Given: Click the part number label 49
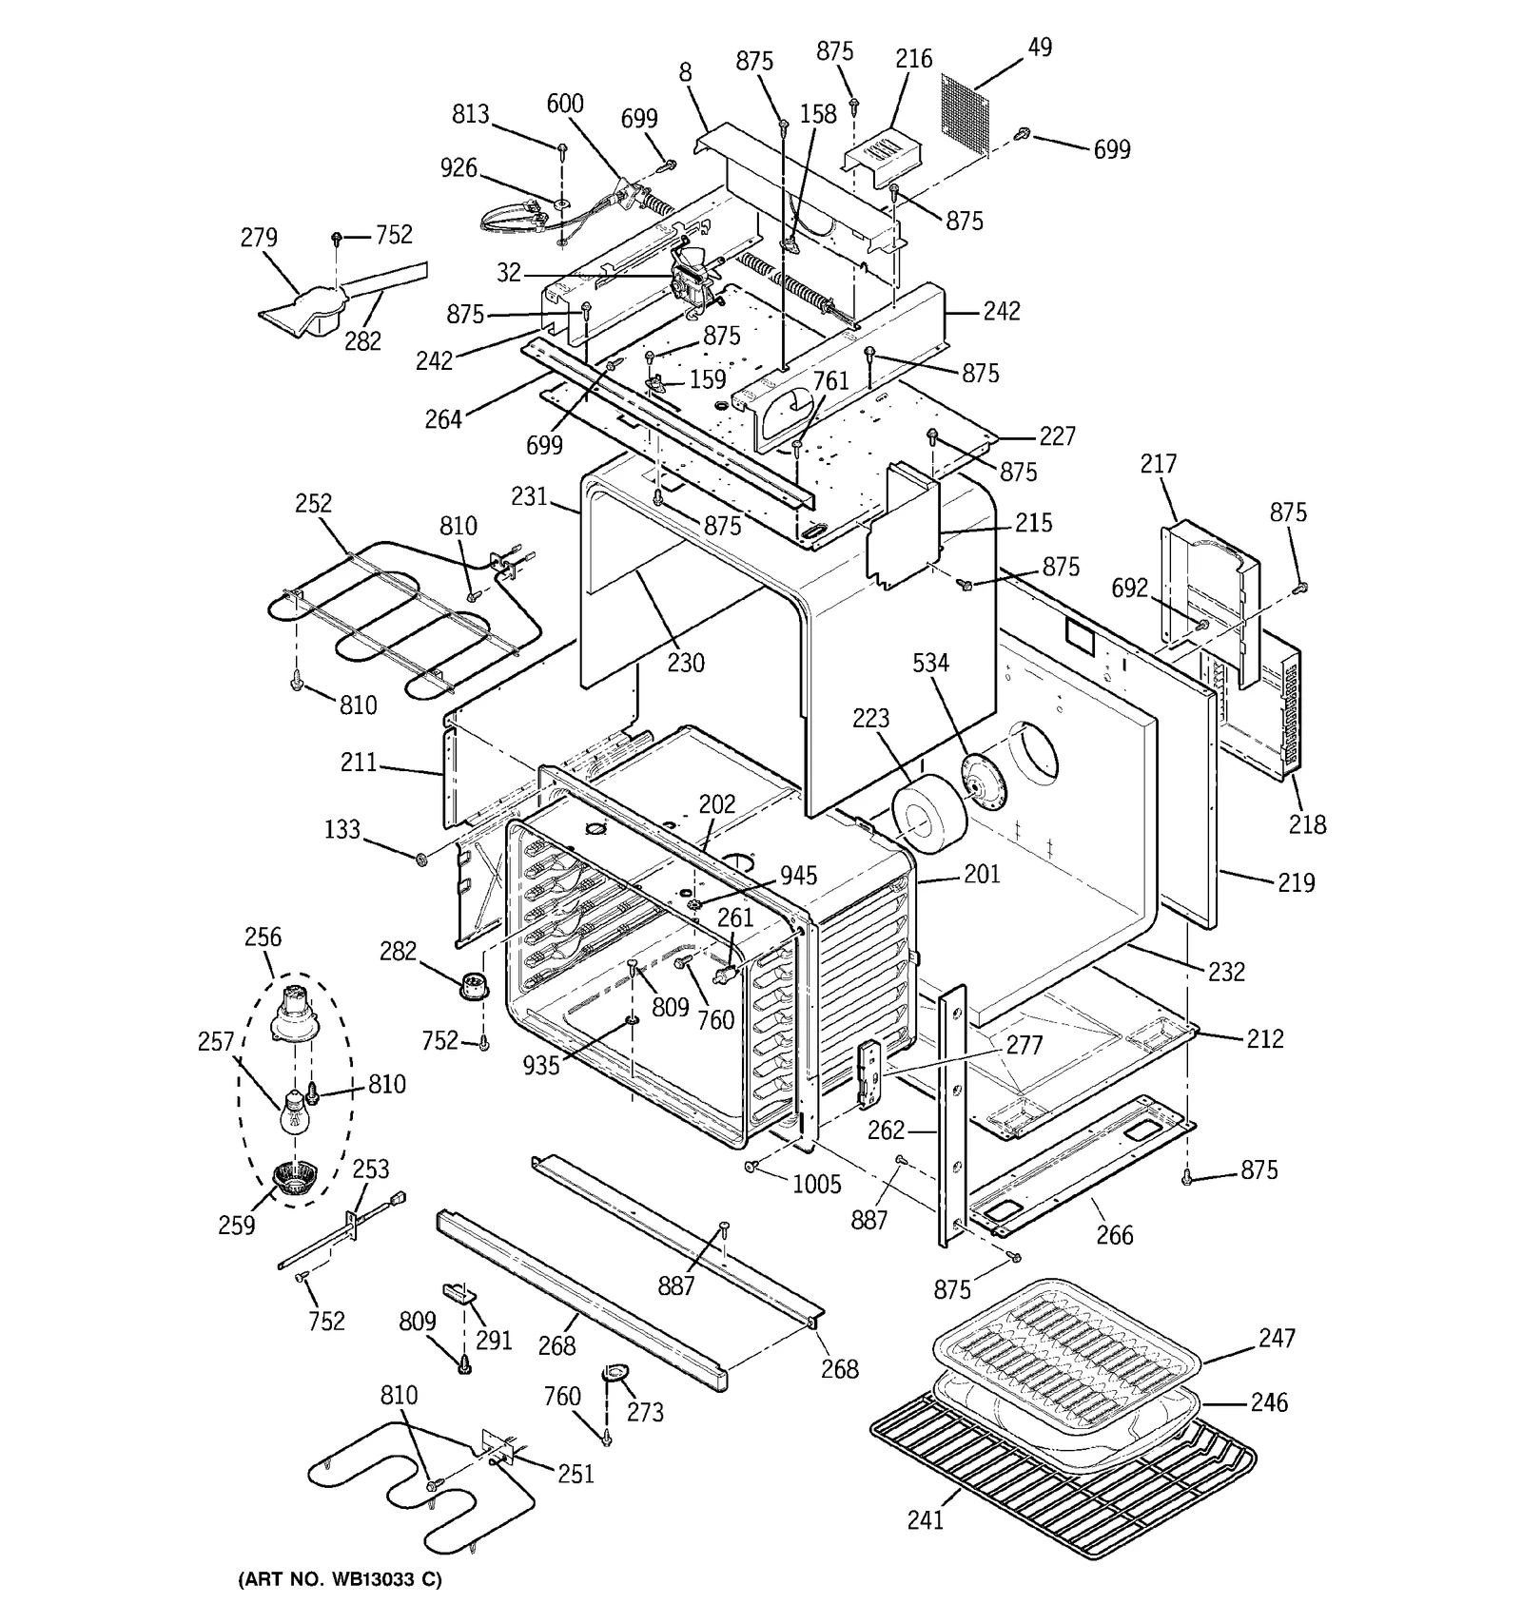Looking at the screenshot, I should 1040,47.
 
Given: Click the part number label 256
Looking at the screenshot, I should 263,937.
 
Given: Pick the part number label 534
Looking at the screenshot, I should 930,663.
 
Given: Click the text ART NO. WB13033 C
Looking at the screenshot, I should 339,1579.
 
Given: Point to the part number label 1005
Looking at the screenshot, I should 816,1184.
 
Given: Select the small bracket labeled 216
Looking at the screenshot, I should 883,152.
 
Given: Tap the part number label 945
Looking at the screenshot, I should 798,875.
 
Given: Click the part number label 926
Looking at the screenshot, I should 459,168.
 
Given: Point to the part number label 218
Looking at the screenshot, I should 1307,823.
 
